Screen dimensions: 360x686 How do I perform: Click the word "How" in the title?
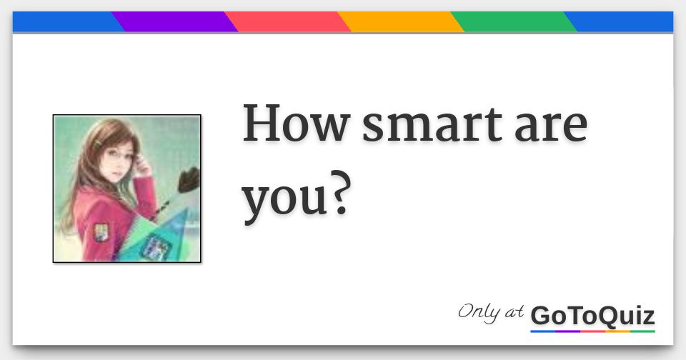[x=294, y=125]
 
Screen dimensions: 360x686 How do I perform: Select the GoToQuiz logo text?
[x=592, y=315]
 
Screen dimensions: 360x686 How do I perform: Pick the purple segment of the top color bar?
[x=174, y=22]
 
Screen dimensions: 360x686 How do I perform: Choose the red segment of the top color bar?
[x=287, y=22]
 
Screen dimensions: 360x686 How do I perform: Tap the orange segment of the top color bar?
[x=400, y=22]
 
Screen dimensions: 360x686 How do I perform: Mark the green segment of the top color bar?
[x=513, y=22]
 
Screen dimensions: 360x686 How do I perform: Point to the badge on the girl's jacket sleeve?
[x=103, y=232]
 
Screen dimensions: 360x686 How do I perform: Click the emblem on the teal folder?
[x=156, y=246]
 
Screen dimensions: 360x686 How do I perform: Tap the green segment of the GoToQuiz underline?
[x=642, y=331]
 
